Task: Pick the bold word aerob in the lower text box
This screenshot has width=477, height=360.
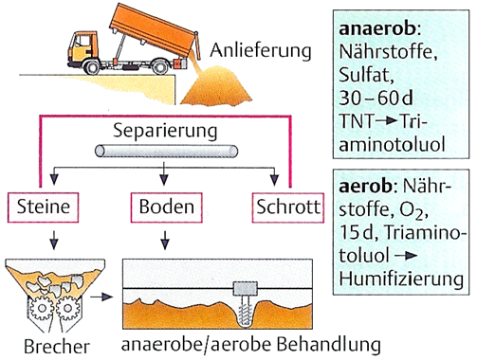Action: tap(365, 186)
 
